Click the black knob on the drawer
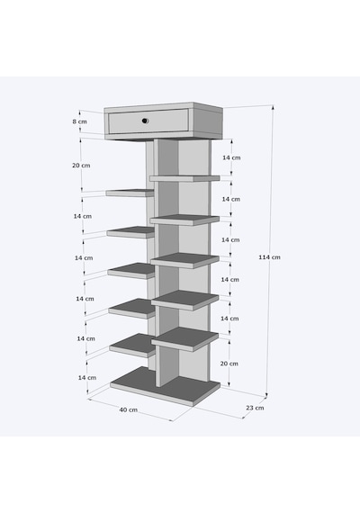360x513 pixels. point(145,121)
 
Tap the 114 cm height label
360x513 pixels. point(269,257)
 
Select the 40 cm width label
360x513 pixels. point(129,409)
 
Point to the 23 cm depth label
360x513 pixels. point(255,408)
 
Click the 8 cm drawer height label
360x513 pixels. point(80,121)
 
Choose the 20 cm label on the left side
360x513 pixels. point(81,166)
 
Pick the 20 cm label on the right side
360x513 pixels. point(229,364)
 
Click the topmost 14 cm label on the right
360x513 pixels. point(231,157)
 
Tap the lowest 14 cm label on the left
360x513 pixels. point(87,378)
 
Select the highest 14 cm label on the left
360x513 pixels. point(83,216)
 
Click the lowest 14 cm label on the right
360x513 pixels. point(229,319)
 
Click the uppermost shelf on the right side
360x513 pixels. point(184,178)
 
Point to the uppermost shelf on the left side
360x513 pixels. point(130,193)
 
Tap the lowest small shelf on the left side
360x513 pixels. point(132,346)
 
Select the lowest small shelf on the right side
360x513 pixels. point(184,339)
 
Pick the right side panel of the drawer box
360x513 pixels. point(208,122)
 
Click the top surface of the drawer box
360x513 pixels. point(164,105)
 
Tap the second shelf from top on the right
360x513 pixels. point(184,220)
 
